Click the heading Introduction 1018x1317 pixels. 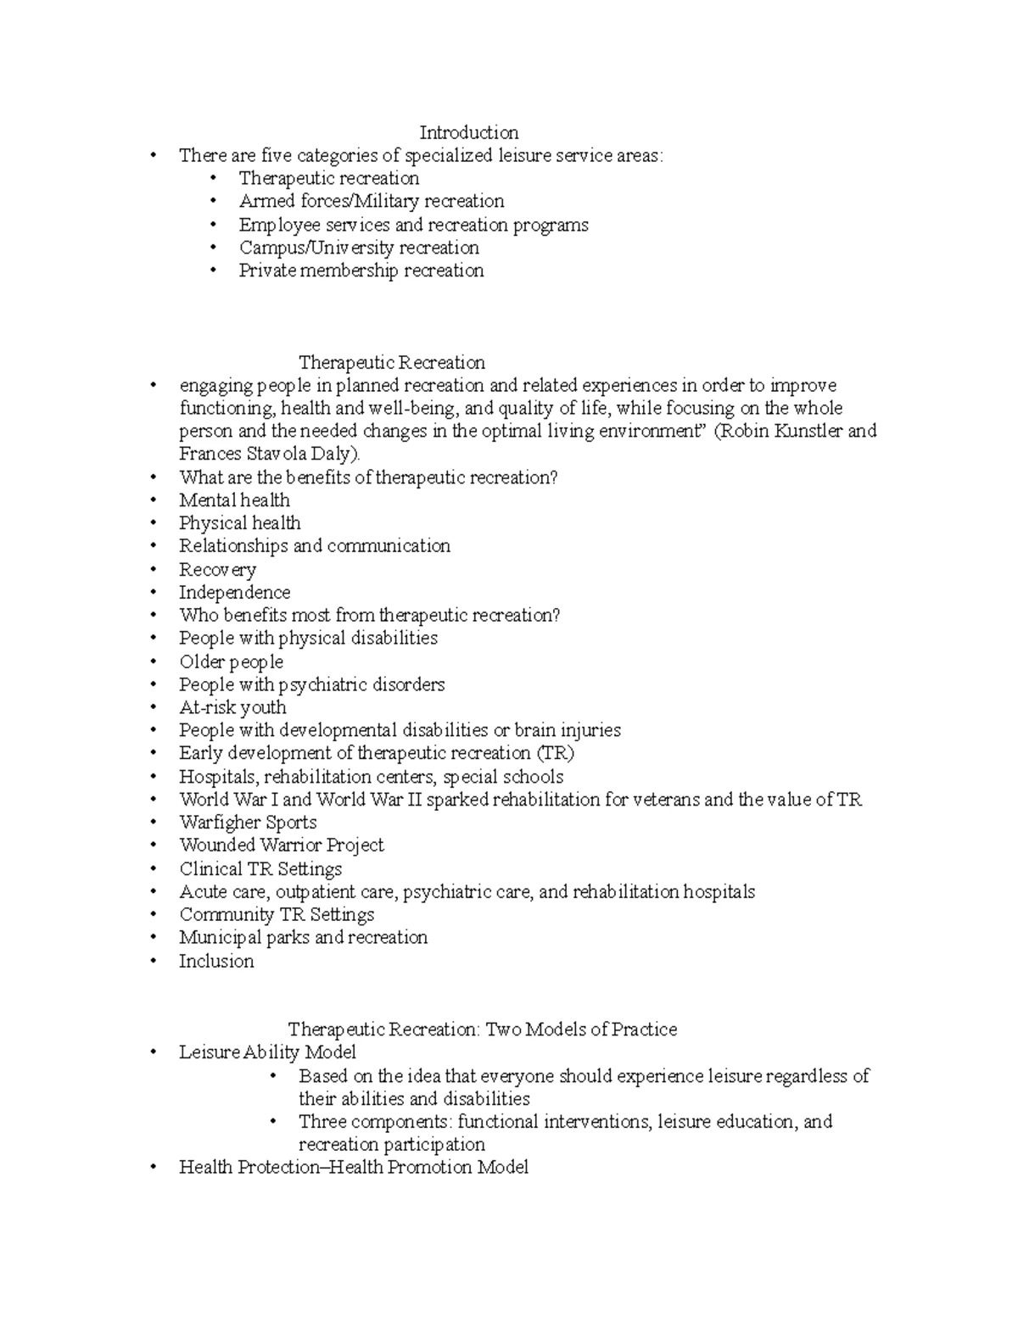pos(468,132)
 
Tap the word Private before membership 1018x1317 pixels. pos(266,271)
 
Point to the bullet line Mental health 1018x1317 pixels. pos(234,500)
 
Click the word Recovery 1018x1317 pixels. pos(217,570)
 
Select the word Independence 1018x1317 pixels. pos(234,592)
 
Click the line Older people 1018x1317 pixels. pos(231,661)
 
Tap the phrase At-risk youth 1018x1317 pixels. pos(232,707)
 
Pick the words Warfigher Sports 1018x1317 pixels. pos(248,823)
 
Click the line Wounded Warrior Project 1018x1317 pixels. pos(281,845)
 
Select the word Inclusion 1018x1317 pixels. pos(216,961)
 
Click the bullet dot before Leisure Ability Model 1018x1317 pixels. pos(153,1052)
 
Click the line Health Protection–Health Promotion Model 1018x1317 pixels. pos(353,1168)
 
